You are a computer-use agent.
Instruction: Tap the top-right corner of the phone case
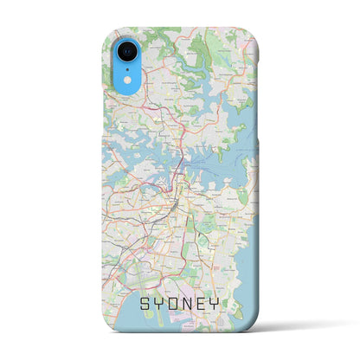click(x=252, y=33)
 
